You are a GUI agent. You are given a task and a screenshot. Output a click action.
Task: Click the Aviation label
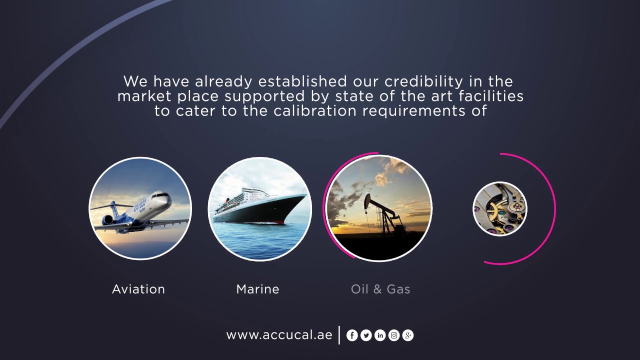tap(138, 289)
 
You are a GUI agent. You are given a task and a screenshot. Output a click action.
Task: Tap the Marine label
tap(257, 289)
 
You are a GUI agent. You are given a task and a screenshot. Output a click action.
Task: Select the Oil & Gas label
tap(380, 289)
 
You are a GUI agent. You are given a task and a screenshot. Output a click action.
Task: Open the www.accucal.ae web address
tap(279, 335)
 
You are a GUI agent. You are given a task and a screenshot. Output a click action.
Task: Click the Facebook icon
tap(352, 335)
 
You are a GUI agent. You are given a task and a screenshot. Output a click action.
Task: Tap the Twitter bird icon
tap(366, 335)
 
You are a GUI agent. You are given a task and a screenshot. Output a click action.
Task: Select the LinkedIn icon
tap(380, 335)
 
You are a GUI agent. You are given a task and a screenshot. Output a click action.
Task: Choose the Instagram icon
tap(394, 335)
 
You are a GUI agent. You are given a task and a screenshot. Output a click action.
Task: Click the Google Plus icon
tap(408, 335)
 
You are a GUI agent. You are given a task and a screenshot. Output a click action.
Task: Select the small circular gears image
tap(500, 209)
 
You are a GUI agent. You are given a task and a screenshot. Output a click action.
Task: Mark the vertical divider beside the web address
tap(339, 335)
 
